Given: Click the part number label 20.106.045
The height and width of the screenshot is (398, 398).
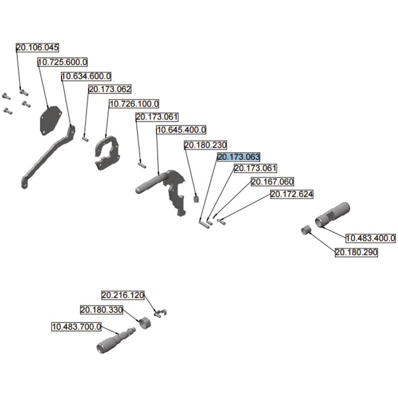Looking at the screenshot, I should tap(37, 48).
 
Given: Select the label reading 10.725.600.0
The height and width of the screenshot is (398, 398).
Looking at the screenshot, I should tap(63, 62).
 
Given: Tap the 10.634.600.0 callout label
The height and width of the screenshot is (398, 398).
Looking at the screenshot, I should tap(86, 76).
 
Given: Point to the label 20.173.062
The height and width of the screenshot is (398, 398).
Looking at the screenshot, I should tap(109, 90).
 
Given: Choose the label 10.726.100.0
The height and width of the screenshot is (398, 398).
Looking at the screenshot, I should tap(134, 104).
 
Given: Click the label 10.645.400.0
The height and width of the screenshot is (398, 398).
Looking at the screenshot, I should tap(181, 130).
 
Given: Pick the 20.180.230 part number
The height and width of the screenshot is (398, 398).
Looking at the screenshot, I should tap(205, 145).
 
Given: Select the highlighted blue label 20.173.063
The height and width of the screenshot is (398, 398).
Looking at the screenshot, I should tap(239, 157).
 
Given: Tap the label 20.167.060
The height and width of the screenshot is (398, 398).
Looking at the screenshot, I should tap(272, 182).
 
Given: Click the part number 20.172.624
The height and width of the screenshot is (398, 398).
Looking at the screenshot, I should tap(292, 195).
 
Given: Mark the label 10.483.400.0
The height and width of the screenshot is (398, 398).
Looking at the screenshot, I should tap(371, 239).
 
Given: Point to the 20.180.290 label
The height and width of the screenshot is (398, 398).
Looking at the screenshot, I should tap(356, 253).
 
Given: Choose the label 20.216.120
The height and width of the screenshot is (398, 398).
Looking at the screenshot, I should tap(123, 295).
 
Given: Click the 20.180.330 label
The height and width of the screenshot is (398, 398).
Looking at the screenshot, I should tap(101, 310).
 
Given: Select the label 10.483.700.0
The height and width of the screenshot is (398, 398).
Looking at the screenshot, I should tap(77, 327).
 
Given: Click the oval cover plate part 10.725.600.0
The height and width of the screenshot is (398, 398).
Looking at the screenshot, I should tap(50, 119).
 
